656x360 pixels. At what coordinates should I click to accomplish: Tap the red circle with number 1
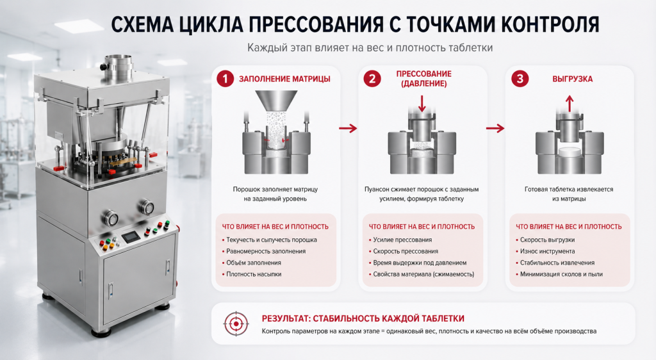(225, 79)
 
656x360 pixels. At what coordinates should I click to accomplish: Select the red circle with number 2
(372, 79)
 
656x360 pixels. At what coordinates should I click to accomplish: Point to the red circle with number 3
(520, 79)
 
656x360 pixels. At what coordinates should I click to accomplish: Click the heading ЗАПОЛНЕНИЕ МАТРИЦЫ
(284, 79)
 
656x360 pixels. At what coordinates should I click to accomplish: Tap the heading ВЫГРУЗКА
(572, 79)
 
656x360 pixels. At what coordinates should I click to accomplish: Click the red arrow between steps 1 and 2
(348, 128)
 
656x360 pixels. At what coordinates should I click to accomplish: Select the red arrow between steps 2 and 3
(495, 128)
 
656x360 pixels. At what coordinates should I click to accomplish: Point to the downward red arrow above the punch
(422, 103)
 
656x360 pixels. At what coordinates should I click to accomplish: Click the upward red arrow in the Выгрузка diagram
(569, 103)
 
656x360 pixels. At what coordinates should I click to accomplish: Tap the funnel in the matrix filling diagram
(276, 102)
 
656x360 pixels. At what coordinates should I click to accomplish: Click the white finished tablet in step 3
(569, 152)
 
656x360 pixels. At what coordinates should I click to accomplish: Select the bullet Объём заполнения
(254, 263)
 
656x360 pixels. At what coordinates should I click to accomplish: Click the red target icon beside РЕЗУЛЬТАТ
(236, 323)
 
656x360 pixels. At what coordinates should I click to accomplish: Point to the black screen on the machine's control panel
(131, 236)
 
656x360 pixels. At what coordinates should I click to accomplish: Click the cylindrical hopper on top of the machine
(118, 68)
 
